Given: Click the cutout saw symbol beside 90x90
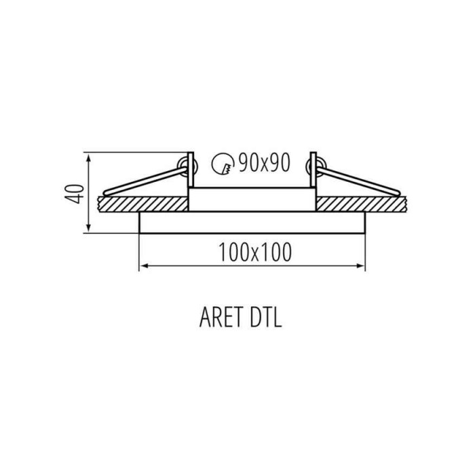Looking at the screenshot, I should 222,163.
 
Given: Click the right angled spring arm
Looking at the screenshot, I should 360,180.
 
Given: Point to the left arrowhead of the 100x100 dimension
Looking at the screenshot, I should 142,265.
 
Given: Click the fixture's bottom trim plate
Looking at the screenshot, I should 252,222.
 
